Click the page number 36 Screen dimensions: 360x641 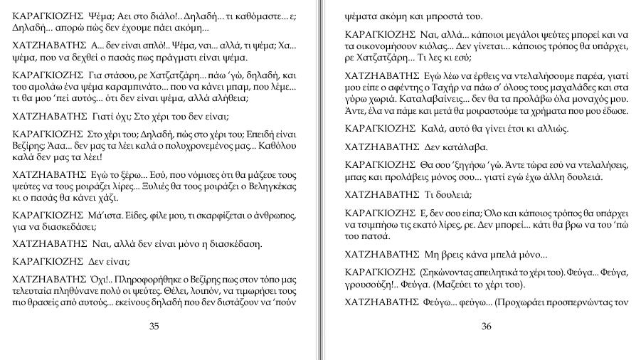coord(487,327)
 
